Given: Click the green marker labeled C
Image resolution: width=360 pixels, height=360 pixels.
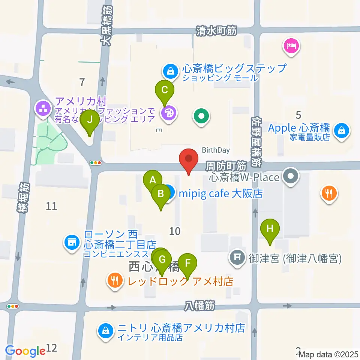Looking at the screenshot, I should pyautogui.click(x=165, y=90).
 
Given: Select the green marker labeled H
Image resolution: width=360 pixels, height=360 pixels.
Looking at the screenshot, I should pyautogui.click(x=270, y=228).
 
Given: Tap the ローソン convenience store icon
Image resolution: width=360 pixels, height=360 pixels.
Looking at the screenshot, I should pyautogui.click(x=71, y=242).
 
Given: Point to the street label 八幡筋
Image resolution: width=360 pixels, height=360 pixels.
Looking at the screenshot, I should pyautogui.click(x=199, y=306).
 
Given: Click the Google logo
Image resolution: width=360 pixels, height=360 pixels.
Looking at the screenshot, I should pyautogui.click(x=25, y=351).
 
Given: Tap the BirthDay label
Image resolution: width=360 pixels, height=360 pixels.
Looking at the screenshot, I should pyautogui.click(x=216, y=150).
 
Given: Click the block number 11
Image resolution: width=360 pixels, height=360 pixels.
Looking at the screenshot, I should pyautogui.click(x=51, y=205).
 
